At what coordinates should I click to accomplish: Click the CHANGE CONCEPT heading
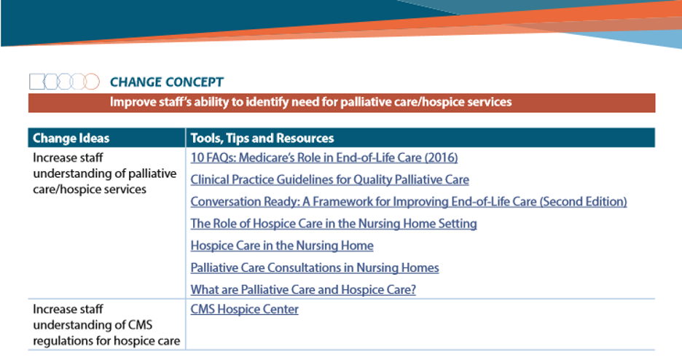(166, 82)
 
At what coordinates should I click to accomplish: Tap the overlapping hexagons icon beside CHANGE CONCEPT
(64, 82)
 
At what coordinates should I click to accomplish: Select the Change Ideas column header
(71, 138)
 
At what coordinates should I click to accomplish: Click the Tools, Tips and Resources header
(262, 138)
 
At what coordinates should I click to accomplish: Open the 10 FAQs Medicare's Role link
(324, 157)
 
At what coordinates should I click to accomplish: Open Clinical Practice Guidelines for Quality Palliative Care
(329, 179)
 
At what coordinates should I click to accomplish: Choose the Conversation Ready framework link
(408, 202)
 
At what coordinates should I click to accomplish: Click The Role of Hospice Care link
(334, 224)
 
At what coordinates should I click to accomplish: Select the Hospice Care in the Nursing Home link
(282, 246)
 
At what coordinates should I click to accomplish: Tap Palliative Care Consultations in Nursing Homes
(315, 267)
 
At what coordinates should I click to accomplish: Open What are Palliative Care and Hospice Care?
(303, 289)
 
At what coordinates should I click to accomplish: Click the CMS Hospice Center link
(244, 309)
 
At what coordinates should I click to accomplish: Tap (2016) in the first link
(441, 157)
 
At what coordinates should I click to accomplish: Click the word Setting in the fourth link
(455, 224)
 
